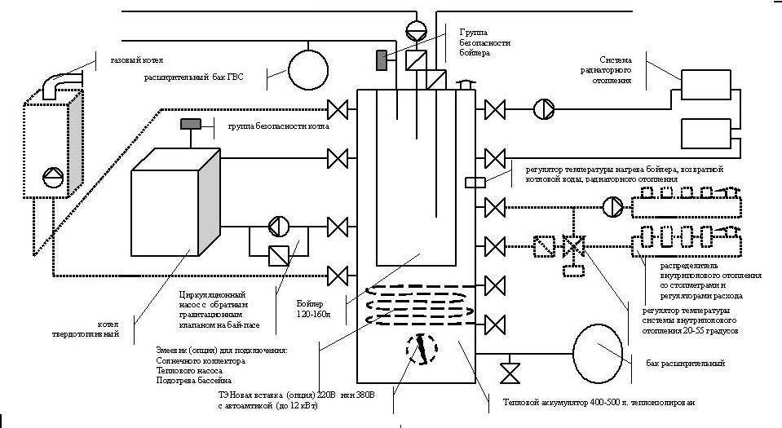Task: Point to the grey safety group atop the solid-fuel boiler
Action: click(191, 124)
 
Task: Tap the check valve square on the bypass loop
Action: click(278, 255)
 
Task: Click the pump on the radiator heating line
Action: click(542, 108)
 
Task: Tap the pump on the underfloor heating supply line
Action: click(612, 207)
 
